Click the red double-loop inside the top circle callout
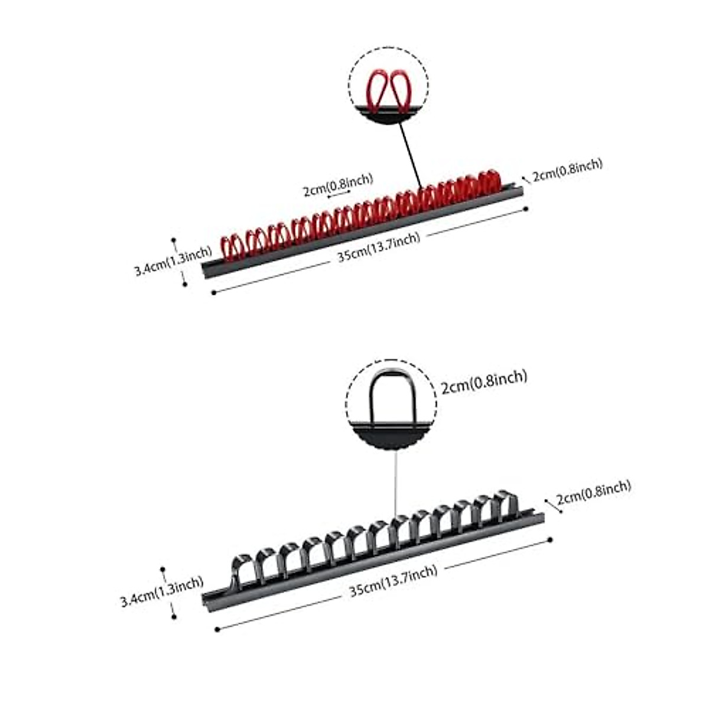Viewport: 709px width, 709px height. pyautogui.click(x=388, y=89)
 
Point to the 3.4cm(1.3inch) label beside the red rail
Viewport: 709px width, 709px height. pyautogui.click(x=173, y=261)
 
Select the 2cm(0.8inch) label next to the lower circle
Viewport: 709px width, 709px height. pyautogui.click(x=484, y=382)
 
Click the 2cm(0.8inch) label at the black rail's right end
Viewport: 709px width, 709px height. pyautogui.click(x=593, y=492)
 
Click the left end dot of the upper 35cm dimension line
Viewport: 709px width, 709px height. pyautogui.click(x=213, y=292)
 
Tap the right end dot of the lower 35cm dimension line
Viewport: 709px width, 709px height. pyautogui.click(x=550, y=539)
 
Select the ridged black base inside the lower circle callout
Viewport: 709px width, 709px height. pyautogui.click(x=391, y=436)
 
